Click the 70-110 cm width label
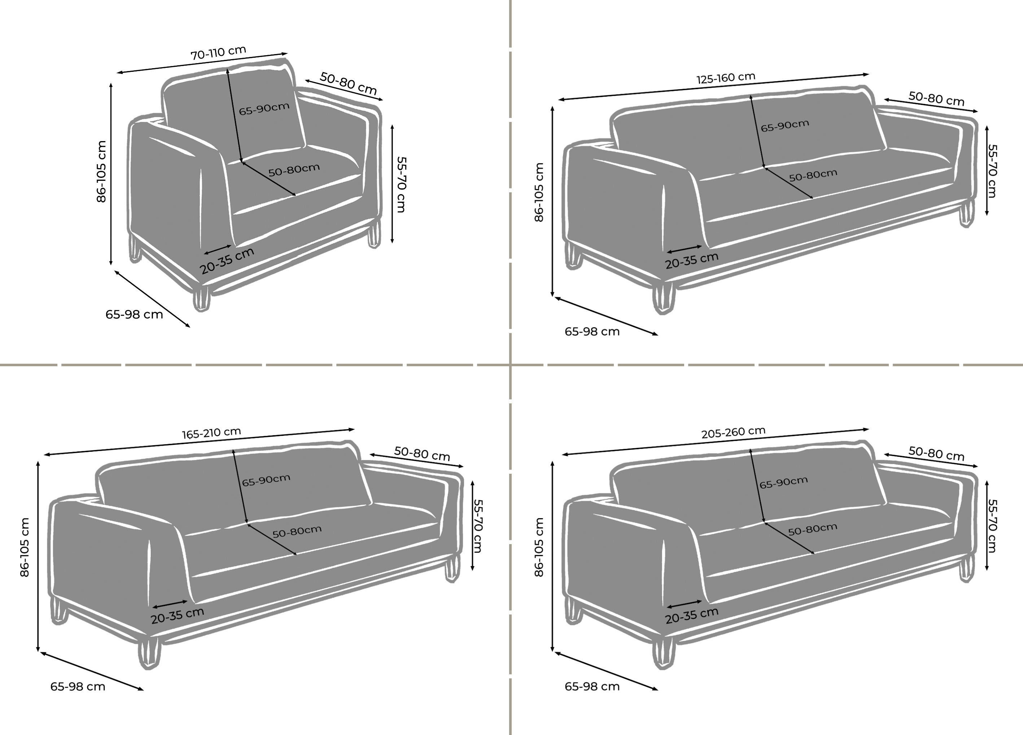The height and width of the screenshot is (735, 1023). coord(218,53)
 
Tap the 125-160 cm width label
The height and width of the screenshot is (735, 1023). coord(726,78)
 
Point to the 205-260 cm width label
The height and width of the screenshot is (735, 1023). coord(733,432)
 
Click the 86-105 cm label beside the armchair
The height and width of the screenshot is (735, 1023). coord(102,171)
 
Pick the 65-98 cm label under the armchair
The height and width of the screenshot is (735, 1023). coord(134,314)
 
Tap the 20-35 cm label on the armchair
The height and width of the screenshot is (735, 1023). coord(227,261)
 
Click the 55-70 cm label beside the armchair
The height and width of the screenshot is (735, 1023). coord(401,184)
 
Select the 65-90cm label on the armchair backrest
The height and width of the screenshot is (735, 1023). coord(264,109)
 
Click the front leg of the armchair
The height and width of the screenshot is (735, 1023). coord(202,298)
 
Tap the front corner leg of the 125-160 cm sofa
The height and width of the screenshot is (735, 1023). coord(663,298)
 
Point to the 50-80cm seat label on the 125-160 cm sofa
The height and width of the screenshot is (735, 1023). coord(813,175)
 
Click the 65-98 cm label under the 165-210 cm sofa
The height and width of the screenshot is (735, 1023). coord(78,686)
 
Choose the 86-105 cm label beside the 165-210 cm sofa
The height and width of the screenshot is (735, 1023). coord(25,547)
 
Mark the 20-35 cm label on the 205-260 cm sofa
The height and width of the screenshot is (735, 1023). coord(691,616)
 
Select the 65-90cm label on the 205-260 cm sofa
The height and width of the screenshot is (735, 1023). coord(783,482)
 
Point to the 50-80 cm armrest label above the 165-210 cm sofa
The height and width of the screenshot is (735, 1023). coord(422,454)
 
